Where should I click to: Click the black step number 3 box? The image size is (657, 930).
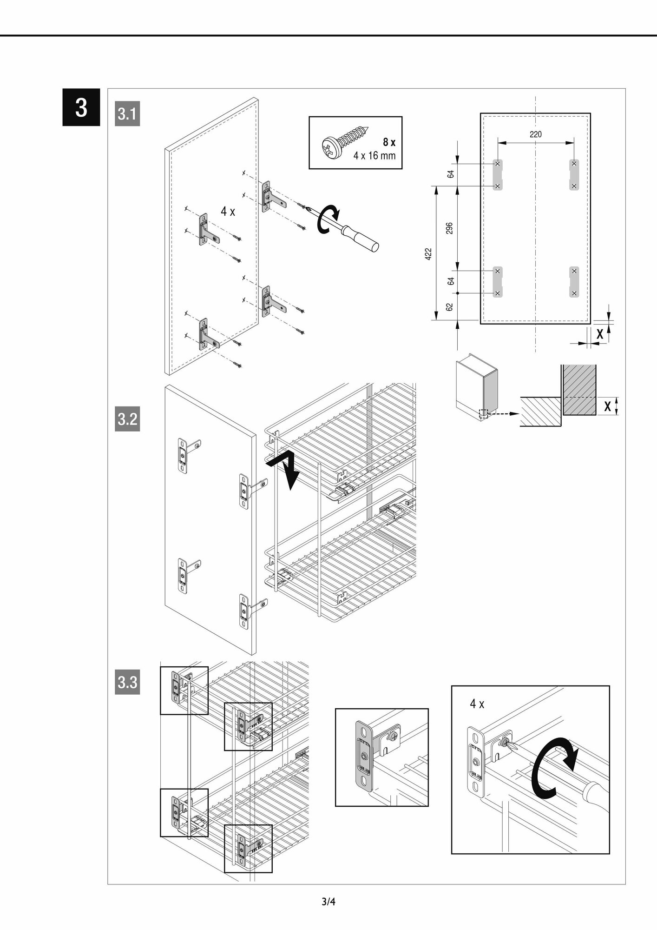click(81, 107)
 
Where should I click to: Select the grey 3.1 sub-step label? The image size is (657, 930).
click(127, 114)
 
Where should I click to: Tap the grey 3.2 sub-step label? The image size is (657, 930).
click(127, 419)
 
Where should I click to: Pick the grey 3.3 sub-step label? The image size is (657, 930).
click(127, 682)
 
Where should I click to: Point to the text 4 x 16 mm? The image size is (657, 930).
click(374, 156)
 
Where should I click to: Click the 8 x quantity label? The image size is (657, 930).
click(388, 142)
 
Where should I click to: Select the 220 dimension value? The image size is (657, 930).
click(535, 134)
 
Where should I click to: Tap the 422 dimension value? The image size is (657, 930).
click(428, 254)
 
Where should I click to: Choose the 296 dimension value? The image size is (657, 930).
click(449, 228)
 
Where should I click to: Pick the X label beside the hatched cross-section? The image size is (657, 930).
click(607, 406)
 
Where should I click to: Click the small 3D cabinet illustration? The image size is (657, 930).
click(476, 386)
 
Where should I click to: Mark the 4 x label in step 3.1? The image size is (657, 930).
click(228, 212)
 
